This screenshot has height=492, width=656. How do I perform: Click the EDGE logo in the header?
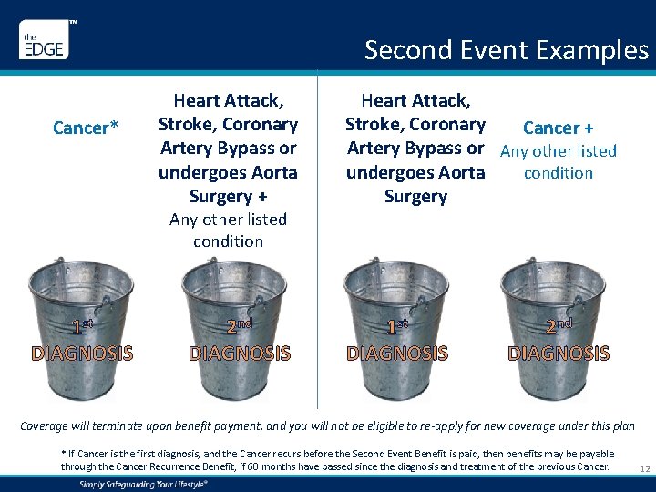point(43,43)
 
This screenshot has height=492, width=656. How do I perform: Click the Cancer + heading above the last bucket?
point(558,128)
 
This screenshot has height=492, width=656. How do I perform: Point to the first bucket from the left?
point(82,328)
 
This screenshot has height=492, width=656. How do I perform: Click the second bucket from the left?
point(239,328)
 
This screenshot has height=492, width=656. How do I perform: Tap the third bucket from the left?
point(397,328)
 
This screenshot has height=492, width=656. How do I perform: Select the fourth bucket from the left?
point(558,328)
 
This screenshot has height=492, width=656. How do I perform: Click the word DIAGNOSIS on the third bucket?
point(397,353)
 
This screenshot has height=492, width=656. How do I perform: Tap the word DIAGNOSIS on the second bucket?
point(239,353)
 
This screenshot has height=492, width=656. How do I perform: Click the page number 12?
point(643,468)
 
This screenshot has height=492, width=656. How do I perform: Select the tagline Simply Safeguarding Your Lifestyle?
point(144,484)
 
